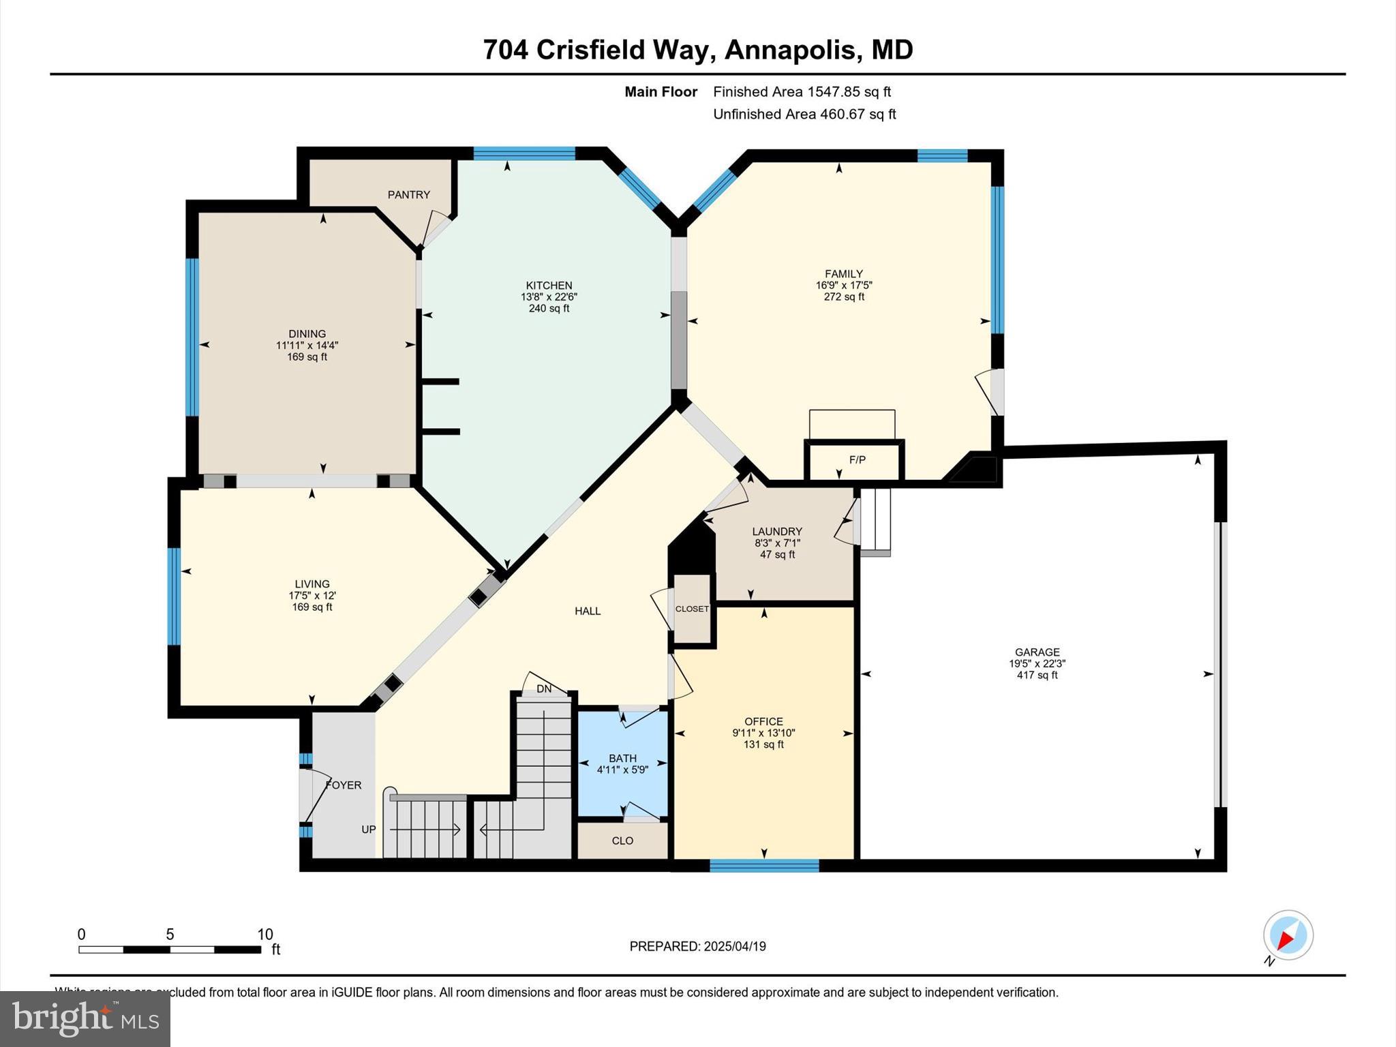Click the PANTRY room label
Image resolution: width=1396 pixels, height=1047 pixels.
[408, 195]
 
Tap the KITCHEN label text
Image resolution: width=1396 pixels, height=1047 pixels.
[549, 286]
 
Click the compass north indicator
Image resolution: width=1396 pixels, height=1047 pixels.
[1288, 935]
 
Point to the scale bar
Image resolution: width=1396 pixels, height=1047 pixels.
[170, 949]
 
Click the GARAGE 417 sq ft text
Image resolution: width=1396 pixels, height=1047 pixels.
[1037, 675]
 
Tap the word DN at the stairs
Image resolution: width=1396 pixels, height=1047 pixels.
[543, 689]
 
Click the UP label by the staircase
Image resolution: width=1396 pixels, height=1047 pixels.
[368, 830]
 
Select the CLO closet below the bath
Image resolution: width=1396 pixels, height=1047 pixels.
[622, 840]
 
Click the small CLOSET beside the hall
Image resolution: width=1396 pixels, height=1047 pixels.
[692, 609]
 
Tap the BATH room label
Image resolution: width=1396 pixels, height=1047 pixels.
[622, 758]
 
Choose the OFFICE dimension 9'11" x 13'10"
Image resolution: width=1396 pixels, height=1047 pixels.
[763, 733]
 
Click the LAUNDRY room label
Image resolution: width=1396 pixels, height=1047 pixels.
[776, 532]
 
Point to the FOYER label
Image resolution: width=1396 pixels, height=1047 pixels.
[344, 785]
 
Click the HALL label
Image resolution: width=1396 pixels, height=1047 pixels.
[587, 611]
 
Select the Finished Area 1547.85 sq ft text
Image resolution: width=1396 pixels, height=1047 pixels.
[802, 92]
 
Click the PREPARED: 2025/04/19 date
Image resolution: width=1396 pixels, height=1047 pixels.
[697, 946]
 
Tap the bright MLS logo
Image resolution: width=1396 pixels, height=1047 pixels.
[85, 1018]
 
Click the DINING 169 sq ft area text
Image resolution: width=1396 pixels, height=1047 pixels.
[307, 356]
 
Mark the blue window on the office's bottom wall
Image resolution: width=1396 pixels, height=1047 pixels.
[763, 866]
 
